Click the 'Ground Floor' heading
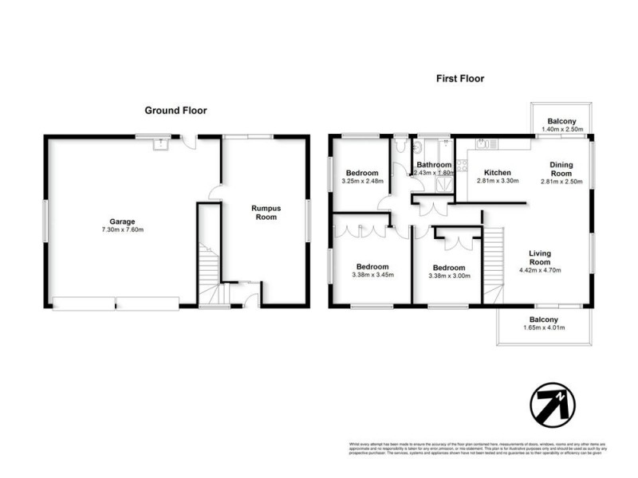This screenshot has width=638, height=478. tap(175, 111)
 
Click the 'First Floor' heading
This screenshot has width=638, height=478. tap(459, 78)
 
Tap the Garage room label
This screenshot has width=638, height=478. tap(122, 221)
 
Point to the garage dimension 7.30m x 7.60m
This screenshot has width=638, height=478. tap(122, 230)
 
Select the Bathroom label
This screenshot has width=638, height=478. tap(435, 165)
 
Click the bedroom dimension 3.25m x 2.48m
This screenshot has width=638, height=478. tap(362, 181)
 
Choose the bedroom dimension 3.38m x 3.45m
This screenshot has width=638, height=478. tap(372, 276)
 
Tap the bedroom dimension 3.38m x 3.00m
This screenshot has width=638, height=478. tap(449, 276)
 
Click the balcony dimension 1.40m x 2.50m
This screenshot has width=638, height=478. tap(562, 129)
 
